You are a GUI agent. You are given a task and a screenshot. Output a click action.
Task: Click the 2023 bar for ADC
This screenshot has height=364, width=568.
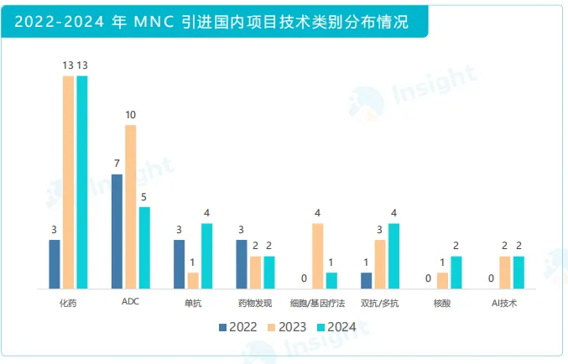pos(131,207)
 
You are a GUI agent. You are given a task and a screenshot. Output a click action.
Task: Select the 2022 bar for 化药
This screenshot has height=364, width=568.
pos(55,264)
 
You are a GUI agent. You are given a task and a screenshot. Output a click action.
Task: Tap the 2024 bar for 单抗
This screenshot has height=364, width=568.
pos(206,256)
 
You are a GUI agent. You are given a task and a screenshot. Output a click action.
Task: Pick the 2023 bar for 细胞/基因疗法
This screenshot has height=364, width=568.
pos(318,256)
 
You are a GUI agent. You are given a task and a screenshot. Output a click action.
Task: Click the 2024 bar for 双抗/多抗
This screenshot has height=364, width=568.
pos(393,256)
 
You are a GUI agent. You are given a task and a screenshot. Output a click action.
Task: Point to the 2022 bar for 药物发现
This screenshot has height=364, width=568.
pos(242,264)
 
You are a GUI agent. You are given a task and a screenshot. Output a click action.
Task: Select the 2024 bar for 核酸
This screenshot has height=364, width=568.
pos(456,273)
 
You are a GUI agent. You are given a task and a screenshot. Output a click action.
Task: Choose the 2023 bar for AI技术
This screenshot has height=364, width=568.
pos(504,273)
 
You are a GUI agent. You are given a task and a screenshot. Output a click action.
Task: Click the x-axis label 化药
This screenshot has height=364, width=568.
pos(68,303)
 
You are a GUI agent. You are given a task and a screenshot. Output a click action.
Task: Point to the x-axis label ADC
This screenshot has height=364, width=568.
pos(130,302)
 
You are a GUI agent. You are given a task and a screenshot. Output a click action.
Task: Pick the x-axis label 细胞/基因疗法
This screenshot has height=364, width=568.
pos(318,303)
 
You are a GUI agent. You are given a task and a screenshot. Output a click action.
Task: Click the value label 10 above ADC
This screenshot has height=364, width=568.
pos(131,115)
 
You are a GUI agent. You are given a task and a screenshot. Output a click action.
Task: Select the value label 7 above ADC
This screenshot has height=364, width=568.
pos(117,164)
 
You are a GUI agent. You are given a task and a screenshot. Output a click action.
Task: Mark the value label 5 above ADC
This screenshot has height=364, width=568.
pos(144,197)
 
